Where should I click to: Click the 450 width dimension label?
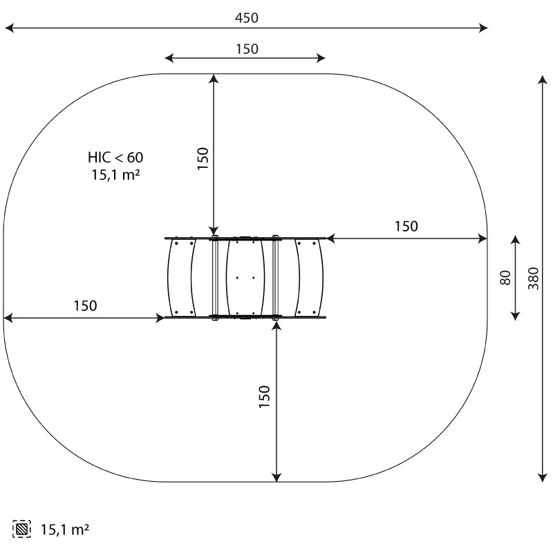(247, 18)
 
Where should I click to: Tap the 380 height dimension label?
(533, 279)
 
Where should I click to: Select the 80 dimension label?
(505, 278)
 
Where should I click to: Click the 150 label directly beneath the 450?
(247, 49)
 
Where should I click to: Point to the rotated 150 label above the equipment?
(203, 159)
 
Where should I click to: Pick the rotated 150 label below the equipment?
(264, 397)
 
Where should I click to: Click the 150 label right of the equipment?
(406, 227)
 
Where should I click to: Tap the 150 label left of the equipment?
(85, 306)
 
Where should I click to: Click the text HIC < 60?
(115, 158)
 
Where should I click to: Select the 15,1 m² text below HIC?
(115, 175)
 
